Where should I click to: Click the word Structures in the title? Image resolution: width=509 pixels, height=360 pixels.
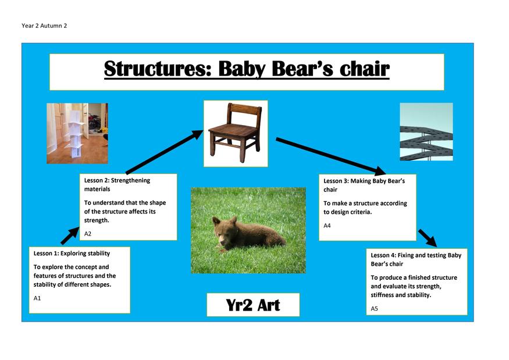pos(158,69)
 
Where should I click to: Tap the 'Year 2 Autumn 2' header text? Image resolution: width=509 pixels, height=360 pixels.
pos(44,26)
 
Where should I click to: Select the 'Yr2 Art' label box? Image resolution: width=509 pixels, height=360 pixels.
pos(253,305)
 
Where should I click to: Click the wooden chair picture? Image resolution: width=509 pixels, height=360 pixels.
pos(236,133)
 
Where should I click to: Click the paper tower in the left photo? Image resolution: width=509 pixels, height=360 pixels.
pos(76,133)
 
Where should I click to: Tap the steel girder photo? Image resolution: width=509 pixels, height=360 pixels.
pos(426,132)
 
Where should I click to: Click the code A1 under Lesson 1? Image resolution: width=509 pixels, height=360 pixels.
pos(37,298)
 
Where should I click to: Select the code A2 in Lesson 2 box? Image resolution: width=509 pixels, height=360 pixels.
pos(88,234)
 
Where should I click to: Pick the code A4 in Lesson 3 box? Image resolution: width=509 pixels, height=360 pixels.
pos(327,226)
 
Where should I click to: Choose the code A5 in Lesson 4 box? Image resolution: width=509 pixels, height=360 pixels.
pos(374,308)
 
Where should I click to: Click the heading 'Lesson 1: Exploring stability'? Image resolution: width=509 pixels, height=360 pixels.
pos(72,253)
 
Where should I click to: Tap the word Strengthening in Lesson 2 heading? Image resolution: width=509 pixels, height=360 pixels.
pos(130,180)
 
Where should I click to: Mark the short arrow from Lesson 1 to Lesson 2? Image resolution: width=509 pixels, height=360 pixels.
pos(70,236)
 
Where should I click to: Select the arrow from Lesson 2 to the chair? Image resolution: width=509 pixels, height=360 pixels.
pos(165,152)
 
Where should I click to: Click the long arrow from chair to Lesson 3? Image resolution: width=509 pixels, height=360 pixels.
pos(331,156)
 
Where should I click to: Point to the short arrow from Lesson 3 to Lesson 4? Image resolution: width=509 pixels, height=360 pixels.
pos(428,238)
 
